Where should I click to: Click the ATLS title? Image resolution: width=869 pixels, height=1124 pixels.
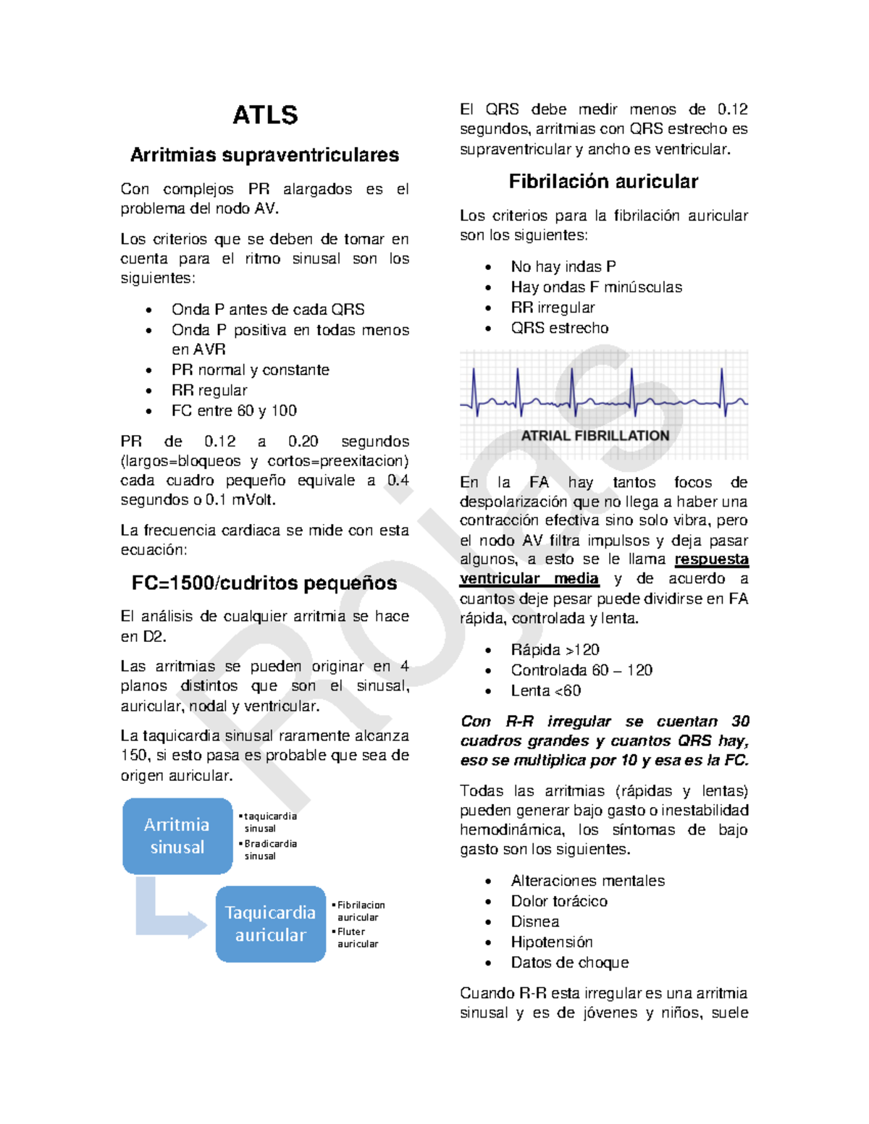pyautogui.click(x=265, y=116)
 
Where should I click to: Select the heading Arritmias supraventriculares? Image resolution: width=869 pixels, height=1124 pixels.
pyautogui.click(x=264, y=155)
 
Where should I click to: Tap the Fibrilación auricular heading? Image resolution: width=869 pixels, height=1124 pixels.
pyautogui.click(x=603, y=182)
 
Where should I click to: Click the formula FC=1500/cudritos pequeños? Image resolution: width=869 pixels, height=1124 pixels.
pyautogui.click(x=264, y=583)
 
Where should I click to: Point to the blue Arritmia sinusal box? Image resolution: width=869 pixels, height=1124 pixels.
pyautogui.click(x=177, y=836)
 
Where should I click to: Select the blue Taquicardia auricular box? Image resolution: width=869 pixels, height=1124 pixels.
pyautogui.click(x=270, y=924)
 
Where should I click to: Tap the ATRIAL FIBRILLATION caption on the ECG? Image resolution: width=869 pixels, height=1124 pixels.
pyautogui.click(x=595, y=436)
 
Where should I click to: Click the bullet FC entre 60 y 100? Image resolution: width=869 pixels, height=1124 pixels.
pyautogui.click(x=234, y=410)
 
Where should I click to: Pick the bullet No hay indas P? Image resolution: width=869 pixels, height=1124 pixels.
pyautogui.click(x=563, y=266)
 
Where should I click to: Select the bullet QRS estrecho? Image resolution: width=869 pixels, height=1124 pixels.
pyautogui.click(x=560, y=328)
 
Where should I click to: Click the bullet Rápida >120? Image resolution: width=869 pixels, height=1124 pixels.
pyautogui.click(x=555, y=650)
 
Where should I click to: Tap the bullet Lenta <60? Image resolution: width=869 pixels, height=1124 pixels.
pyautogui.click(x=546, y=690)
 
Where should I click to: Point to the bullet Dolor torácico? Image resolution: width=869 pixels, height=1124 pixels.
pyautogui.click(x=559, y=901)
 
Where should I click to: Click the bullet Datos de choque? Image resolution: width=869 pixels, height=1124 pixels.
pyautogui.click(x=570, y=963)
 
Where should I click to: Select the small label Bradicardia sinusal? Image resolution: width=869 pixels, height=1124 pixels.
pyautogui.click(x=269, y=850)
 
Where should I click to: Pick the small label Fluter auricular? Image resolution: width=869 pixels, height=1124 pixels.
pyautogui.click(x=357, y=937)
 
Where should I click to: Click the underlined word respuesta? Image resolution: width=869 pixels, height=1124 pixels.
pyautogui.click(x=711, y=559)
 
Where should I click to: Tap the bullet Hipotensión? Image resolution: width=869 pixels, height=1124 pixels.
pyautogui.click(x=552, y=942)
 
